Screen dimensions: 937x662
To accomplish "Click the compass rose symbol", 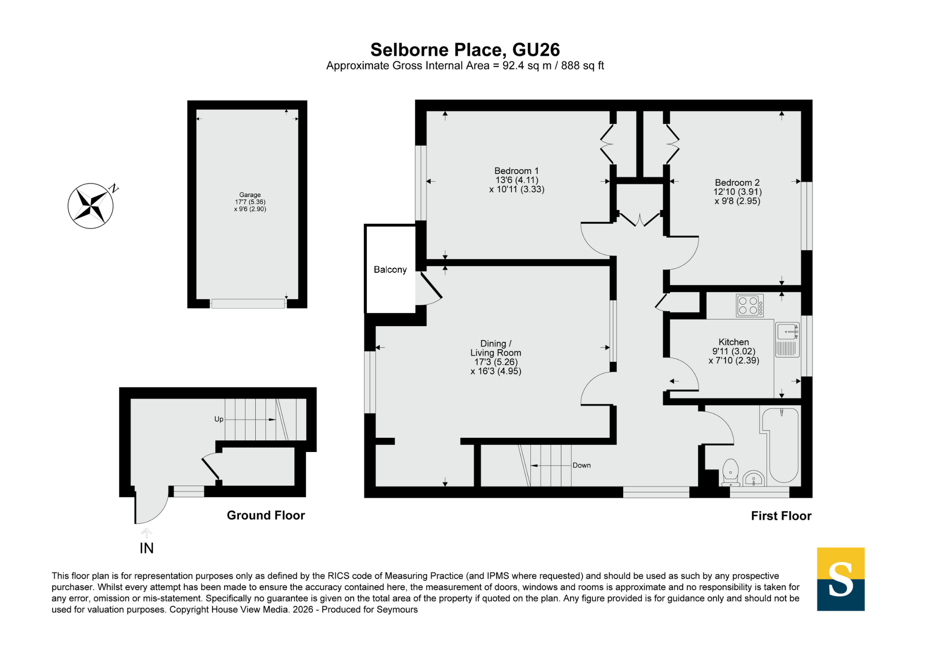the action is [x=91, y=206].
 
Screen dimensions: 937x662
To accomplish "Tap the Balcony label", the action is [x=390, y=270].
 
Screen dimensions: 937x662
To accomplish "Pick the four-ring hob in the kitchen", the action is [x=750, y=305].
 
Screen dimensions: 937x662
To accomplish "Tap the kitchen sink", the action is [x=787, y=339].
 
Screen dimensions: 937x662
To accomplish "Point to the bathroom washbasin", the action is [x=754, y=479].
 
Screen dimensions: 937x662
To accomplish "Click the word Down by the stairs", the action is [x=582, y=465].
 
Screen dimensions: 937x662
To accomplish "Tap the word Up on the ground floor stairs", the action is [x=219, y=420].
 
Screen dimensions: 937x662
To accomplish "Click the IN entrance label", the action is [x=146, y=548].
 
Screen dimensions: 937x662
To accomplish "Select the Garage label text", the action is [x=250, y=195].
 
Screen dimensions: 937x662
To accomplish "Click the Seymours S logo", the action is [x=841, y=579].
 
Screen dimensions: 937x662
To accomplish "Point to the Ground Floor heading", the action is [x=266, y=516].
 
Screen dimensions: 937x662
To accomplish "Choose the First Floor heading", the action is [x=781, y=516].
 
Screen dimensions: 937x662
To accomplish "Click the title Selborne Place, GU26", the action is [x=465, y=49].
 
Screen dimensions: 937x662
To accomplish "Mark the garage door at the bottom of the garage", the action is [x=248, y=304].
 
